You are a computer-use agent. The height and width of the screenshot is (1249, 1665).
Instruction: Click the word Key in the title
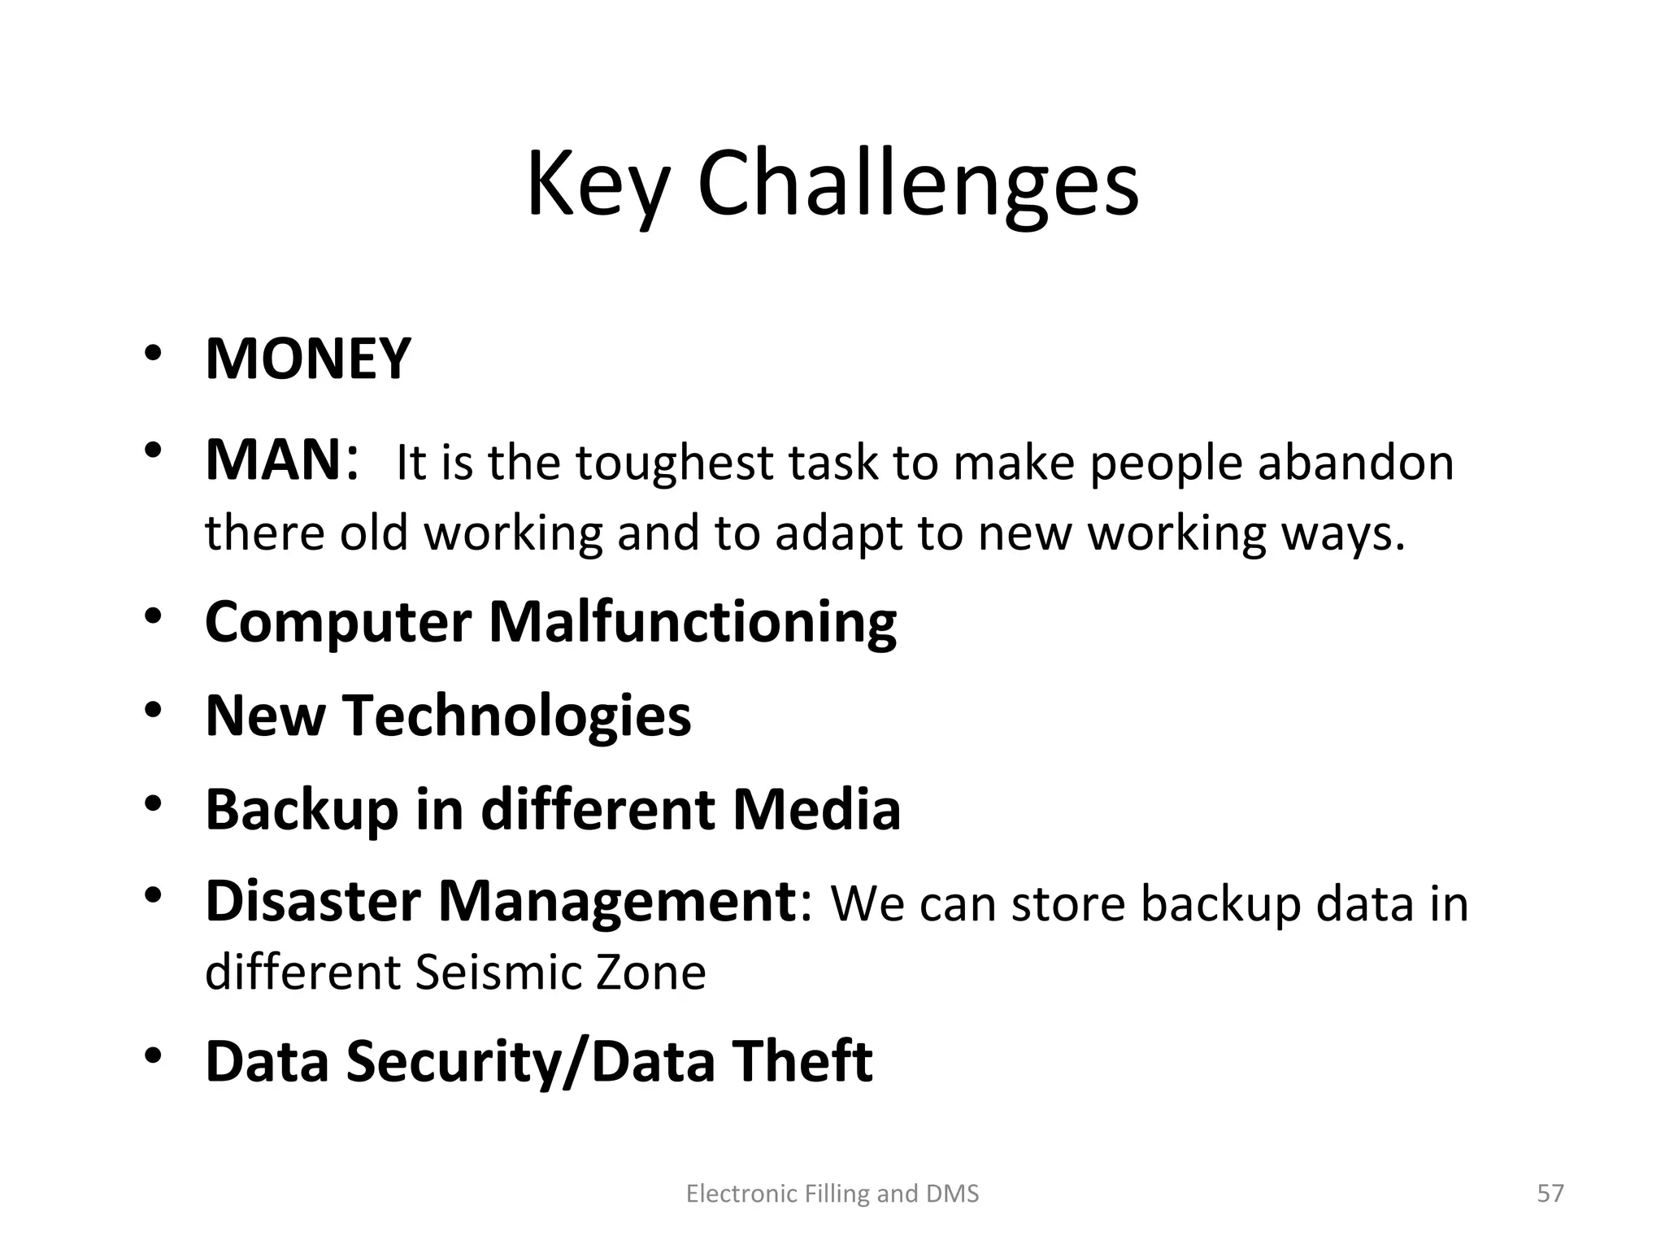598,185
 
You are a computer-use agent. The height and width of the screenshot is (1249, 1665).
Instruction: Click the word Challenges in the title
918,185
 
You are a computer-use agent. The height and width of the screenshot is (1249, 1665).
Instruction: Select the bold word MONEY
308,359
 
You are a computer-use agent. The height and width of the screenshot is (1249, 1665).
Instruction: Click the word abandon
1355,463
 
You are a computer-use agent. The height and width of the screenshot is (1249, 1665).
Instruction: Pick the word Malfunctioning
693,622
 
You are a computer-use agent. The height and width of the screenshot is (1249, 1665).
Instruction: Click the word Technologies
517,716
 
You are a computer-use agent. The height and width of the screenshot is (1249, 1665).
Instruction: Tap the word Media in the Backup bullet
816,809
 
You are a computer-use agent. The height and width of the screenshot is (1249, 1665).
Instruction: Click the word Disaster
311,902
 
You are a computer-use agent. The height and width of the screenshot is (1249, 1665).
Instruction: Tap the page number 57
1550,1193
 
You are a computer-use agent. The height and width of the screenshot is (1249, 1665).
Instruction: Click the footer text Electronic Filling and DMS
832,1194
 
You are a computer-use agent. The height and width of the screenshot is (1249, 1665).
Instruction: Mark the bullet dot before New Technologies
154,710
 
